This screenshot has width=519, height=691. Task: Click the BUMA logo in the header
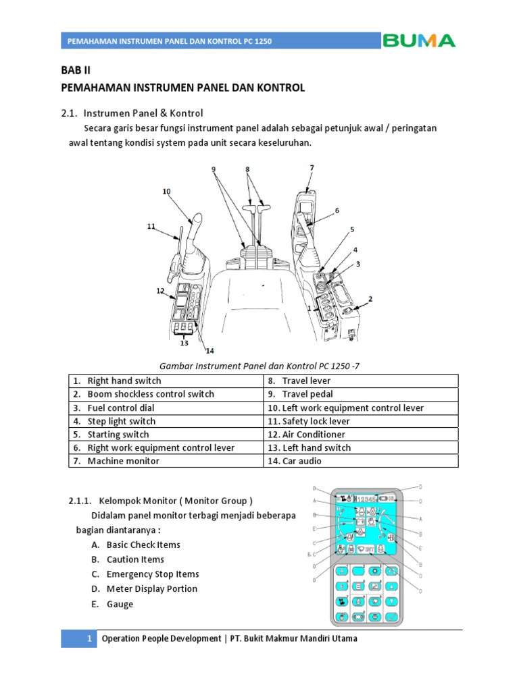[419, 40]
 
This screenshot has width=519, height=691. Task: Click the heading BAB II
[75, 70]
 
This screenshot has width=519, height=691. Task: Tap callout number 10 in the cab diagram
[166, 192]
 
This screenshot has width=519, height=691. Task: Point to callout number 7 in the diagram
[312, 167]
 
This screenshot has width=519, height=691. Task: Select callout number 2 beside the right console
[370, 298]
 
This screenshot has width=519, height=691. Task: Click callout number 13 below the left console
[184, 343]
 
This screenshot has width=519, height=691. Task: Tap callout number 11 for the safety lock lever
[151, 226]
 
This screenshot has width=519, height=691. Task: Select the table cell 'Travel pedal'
[307, 394]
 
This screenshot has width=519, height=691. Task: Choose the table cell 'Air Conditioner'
[314, 435]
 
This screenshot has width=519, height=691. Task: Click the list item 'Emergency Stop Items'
[152, 574]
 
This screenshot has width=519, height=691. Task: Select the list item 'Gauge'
[120, 604]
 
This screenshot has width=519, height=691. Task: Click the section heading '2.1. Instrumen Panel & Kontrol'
[132, 112]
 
